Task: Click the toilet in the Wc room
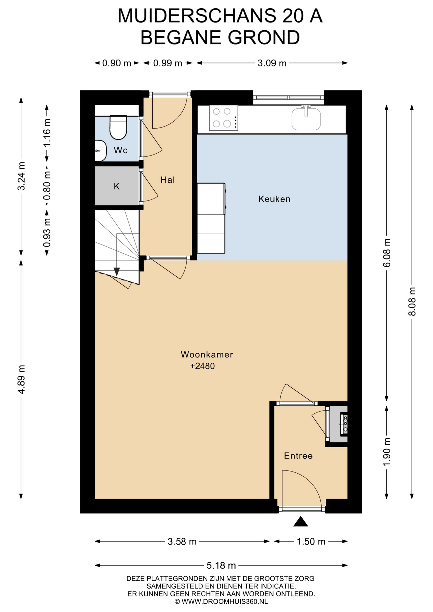118,127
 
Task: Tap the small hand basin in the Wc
100,150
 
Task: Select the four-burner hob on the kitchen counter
224,118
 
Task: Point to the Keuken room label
274,199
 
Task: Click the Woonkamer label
207,354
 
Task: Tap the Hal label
168,180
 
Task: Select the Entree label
298,456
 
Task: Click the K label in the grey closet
117,186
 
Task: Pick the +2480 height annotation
202,366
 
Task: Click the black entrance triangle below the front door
300,522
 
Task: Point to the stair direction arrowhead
117,272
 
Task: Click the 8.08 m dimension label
412,301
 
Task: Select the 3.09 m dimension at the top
272,63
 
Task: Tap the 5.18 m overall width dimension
221,565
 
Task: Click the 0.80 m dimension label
47,186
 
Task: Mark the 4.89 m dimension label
21,379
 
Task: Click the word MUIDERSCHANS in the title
197,16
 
